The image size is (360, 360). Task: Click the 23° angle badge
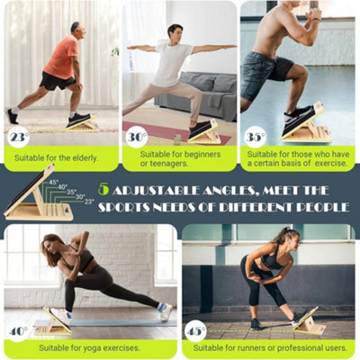pos(19,138)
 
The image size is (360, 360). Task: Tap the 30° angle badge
pos(136,137)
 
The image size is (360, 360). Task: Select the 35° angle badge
pos(255,137)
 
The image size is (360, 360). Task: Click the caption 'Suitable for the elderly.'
pos(59,158)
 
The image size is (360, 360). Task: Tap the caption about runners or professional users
pos(270,347)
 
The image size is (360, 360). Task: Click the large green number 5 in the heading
pos(104,190)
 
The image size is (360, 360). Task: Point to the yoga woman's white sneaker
pos(165,311)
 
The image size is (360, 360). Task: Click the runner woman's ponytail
pos(292,238)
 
